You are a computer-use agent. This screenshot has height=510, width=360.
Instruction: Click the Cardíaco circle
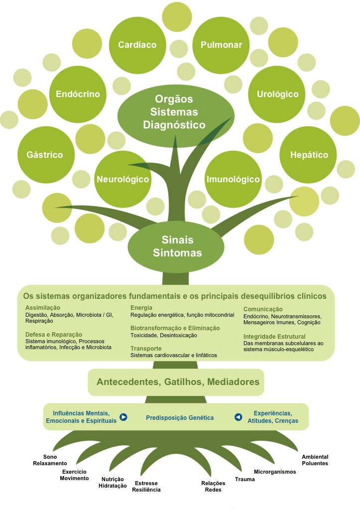tap(137, 45)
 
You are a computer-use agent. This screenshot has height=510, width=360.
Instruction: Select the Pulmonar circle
tap(221, 45)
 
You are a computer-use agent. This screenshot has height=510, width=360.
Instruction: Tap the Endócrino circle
tap(78, 94)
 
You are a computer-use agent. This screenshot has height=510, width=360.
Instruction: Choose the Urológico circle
tap(277, 94)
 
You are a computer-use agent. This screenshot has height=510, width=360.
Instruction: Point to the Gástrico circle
tap(46, 155)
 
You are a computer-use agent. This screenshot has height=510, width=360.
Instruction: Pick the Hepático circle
tap(308, 155)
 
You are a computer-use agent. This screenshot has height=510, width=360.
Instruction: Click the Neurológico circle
tap(123, 179)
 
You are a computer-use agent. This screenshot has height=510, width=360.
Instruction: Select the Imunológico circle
tap(233, 179)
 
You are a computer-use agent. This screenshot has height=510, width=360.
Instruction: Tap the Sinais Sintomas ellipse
tap(176, 247)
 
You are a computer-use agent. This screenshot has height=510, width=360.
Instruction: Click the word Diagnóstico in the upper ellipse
tap(174, 125)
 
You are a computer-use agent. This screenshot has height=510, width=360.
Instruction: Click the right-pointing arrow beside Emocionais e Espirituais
tap(123, 417)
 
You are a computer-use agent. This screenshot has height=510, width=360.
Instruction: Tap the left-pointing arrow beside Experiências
tap(239, 417)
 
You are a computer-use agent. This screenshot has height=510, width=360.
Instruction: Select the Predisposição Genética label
tap(180, 418)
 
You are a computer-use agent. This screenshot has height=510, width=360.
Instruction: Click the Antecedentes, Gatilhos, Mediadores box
tap(176, 382)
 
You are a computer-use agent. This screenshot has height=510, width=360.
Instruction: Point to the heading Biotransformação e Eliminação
tap(175, 328)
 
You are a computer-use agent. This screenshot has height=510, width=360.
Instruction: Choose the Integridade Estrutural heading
tap(274, 337)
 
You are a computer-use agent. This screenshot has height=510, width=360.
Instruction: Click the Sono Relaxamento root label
tap(50, 460)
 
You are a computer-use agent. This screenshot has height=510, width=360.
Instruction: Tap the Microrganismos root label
tap(275, 472)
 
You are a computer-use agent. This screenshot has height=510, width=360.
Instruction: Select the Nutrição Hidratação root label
tap(113, 483)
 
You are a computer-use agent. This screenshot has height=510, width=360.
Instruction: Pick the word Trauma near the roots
tap(245, 480)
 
